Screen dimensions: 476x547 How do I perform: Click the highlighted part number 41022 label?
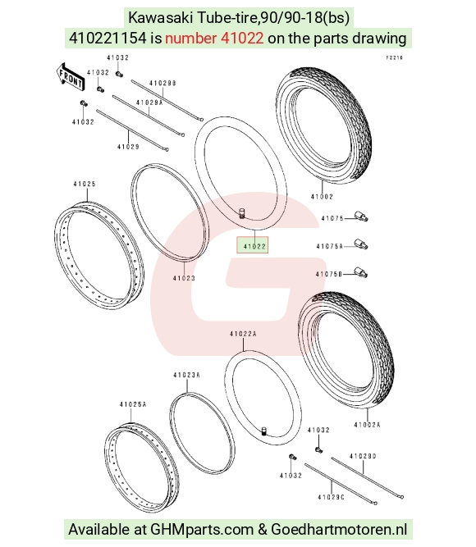coord(254,246)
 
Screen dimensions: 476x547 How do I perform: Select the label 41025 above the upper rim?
coord(85,184)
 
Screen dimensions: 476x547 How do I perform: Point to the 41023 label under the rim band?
coord(184,278)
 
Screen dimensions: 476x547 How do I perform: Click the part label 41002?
coord(322,197)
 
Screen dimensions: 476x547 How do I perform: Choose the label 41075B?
coord(329,274)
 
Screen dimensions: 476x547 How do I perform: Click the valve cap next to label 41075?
coord(361,217)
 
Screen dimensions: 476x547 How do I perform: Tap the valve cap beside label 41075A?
coord(361,244)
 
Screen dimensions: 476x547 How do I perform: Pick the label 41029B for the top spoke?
coord(162,83)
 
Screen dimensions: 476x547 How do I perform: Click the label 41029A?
coord(149,103)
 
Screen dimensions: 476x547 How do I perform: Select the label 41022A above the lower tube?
coord(243,334)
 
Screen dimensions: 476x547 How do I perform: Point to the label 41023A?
coord(186,375)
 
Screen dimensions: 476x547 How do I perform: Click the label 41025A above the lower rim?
coord(133,404)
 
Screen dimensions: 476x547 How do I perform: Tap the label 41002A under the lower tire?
coord(367,425)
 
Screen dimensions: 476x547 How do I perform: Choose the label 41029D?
coord(363,456)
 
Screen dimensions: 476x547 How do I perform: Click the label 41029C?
coord(331,497)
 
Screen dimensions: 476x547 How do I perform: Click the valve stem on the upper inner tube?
coord(241,212)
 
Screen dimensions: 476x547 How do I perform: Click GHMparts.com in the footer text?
coord(202,529)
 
